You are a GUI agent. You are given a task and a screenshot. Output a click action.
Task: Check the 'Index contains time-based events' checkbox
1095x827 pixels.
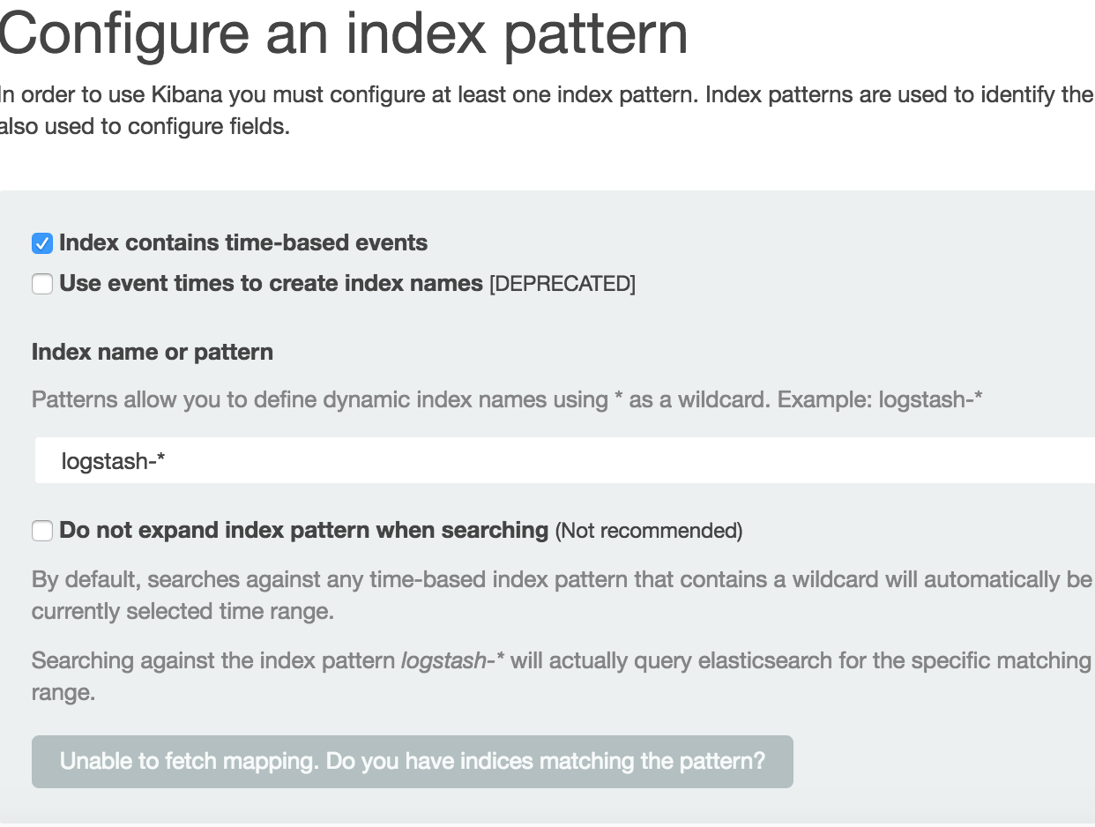(x=42, y=243)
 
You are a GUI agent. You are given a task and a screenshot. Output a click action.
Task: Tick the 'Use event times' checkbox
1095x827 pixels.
(x=42, y=284)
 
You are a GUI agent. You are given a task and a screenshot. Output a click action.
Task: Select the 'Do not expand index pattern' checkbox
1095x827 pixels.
(x=42, y=531)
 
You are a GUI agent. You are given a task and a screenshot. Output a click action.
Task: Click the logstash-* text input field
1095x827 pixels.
(x=564, y=460)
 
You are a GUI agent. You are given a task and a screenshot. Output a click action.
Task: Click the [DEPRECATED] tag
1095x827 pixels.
(x=562, y=284)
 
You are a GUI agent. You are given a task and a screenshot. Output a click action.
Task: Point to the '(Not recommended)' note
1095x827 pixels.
(x=648, y=531)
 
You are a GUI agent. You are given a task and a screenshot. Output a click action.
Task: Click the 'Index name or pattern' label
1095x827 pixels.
(x=153, y=352)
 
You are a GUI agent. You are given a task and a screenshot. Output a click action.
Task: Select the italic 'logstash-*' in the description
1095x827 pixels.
(x=451, y=660)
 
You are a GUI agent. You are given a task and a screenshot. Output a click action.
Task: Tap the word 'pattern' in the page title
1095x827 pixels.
(x=596, y=34)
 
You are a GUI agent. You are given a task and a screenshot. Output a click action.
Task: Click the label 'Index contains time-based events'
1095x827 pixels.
(x=243, y=243)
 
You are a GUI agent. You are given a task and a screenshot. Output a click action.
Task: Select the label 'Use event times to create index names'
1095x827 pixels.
(x=271, y=284)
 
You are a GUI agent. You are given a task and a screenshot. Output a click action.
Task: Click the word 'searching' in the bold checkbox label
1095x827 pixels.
(x=495, y=531)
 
